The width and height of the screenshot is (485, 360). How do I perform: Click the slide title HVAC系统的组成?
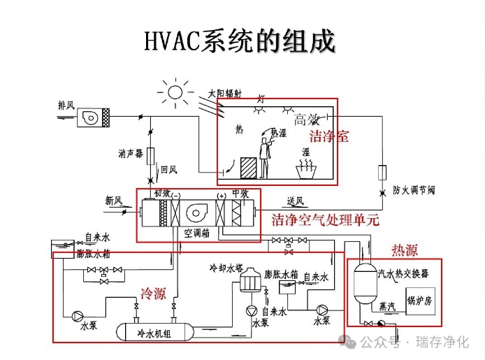pos(239,41)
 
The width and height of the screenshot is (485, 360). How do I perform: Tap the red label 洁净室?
pos(329,136)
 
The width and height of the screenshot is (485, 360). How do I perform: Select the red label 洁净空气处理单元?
pos(325,220)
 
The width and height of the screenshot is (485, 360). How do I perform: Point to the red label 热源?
pos(405,250)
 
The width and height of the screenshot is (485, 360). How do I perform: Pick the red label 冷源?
pos(153,294)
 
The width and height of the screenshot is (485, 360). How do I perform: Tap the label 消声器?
pos(131,153)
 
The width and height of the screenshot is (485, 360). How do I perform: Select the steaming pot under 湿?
pos(305,168)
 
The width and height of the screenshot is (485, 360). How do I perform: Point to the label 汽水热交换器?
pos(403,273)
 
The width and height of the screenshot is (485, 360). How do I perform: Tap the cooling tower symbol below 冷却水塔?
pos(247,283)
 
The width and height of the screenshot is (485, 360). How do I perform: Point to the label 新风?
pos(114,201)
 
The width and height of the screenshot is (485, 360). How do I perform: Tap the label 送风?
pos(295,202)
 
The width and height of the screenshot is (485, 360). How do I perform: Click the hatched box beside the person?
pos(249,168)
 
